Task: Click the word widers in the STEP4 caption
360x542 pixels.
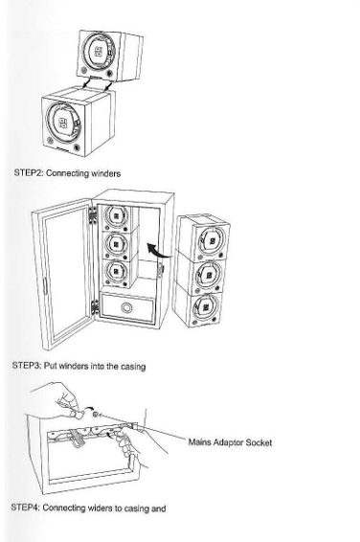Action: coord(101,508)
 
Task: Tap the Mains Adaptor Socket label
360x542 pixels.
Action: coord(230,442)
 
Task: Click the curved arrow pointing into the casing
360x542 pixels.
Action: coord(159,251)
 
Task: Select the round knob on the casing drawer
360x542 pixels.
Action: coord(126,307)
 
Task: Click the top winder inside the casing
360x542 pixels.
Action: coord(117,217)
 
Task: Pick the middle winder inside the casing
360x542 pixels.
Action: coord(117,244)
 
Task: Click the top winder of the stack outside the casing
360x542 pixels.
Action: coord(204,237)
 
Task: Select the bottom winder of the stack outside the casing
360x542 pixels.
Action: coord(197,305)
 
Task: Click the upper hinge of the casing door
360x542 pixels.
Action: coord(93,215)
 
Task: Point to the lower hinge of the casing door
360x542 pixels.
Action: coord(95,307)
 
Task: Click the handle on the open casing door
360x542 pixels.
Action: coord(45,285)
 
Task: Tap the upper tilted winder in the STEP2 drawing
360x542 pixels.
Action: coord(110,57)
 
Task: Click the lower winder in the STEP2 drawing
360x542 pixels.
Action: coord(79,122)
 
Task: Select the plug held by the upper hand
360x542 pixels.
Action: coord(77,414)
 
